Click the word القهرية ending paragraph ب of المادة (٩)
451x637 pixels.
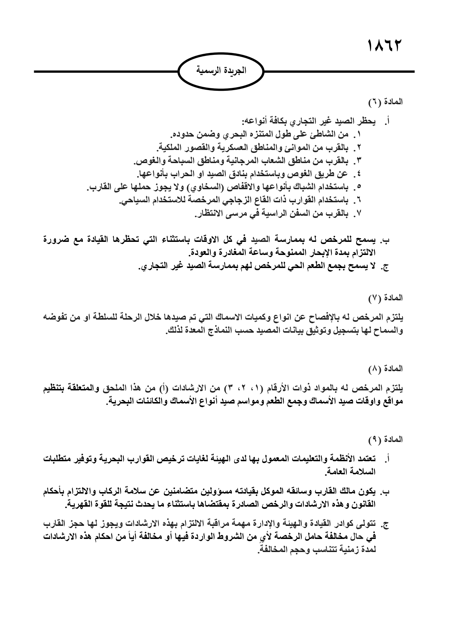(79, 504)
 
